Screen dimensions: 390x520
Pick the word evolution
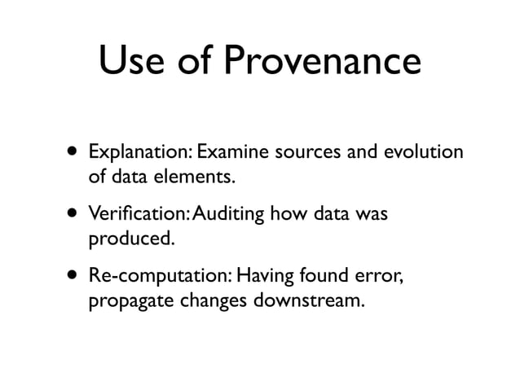[424, 152]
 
